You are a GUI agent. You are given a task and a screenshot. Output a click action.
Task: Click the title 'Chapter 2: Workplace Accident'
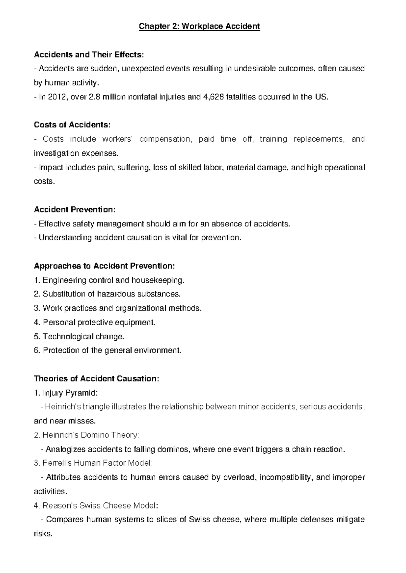pyautogui.click(x=199, y=26)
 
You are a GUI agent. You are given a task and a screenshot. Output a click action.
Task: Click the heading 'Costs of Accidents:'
pyautogui.click(x=72, y=125)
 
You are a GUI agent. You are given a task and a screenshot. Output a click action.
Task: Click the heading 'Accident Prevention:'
pyautogui.click(x=74, y=210)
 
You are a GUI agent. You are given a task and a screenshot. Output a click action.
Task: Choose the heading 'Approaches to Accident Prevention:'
pyautogui.click(x=105, y=266)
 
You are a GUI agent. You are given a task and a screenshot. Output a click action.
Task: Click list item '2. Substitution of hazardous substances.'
pyautogui.click(x=107, y=294)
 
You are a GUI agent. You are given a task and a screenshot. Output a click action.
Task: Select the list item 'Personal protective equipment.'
pyautogui.click(x=98, y=323)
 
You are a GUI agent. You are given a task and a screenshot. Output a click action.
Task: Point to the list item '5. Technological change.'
pyautogui.click(x=79, y=337)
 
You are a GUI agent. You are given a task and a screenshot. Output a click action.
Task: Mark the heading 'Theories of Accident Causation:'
pyautogui.click(x=96, y=379)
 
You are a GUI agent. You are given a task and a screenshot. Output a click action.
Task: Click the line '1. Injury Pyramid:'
pyautogui.click(x=66, y=393)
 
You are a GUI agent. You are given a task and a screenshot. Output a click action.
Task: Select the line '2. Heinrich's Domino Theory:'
pyautogui.click(x=86, y=435)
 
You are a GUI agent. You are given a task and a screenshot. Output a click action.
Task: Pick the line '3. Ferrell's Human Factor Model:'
pyautogui.click(x=93, y=463)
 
